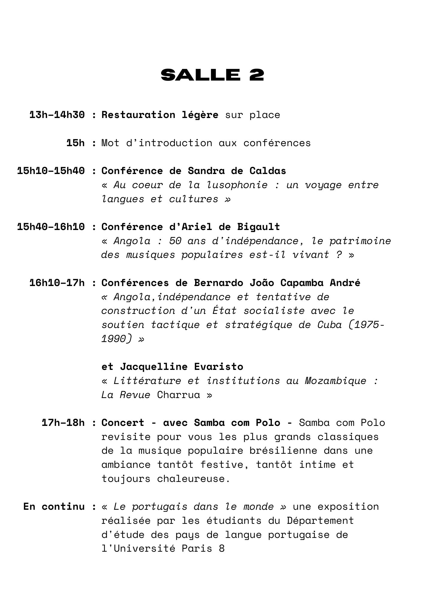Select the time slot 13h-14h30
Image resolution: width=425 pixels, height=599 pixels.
57,115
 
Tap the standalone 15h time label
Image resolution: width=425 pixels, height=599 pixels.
76,143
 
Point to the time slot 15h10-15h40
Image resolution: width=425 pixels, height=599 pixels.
51,171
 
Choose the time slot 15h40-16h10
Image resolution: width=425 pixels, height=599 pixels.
51,227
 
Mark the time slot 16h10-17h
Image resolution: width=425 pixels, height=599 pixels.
57,283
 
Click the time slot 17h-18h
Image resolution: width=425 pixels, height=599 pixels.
63,423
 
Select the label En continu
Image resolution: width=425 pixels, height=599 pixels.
54,506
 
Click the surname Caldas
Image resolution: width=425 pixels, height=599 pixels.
268,171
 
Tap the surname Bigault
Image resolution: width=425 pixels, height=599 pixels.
258,227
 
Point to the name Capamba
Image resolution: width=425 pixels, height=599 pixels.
302,283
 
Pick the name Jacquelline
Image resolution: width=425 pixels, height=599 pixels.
154,367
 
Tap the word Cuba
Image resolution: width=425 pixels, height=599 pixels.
329,325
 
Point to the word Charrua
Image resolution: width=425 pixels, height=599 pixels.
178,395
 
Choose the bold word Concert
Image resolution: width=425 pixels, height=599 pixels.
123,423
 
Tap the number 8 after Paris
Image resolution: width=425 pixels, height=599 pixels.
221,548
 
